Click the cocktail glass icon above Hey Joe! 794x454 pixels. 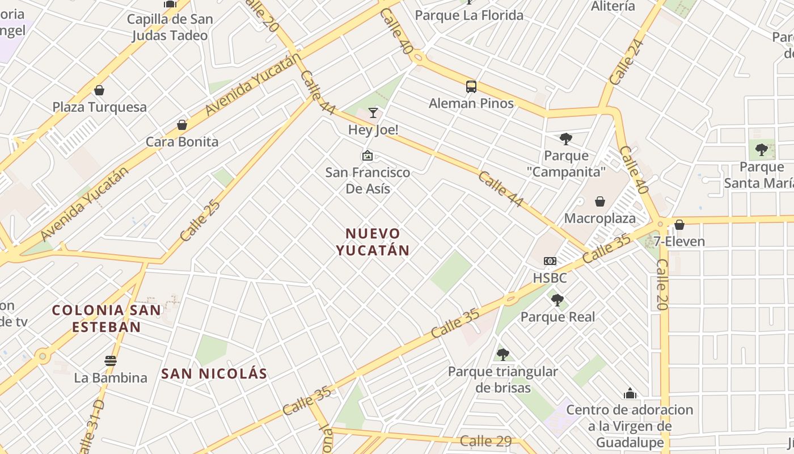pos(373,113)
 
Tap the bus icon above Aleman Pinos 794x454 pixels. pos(471,87)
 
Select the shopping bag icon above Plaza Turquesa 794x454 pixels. pos(99,90)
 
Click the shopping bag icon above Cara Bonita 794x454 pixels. pos(182,124)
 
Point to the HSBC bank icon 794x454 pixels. pos(550,261)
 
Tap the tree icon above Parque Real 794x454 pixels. pos(558,300)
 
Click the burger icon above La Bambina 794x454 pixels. pos(111,360)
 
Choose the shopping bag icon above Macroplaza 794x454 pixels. pos(600,201)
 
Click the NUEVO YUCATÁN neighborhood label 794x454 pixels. pos(373,242)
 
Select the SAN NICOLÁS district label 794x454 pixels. pos(214,373)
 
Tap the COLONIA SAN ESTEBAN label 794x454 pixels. pos(107,318)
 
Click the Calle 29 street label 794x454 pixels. pos(485,441)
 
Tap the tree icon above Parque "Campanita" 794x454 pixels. pos(565,138)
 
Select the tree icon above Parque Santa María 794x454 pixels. pos(762,150)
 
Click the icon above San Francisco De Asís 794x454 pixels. pos(368,155)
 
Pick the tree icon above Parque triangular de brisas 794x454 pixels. pos(502,355)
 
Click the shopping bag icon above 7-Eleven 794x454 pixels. pos(679,225)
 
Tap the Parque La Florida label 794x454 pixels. pos(469,15)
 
